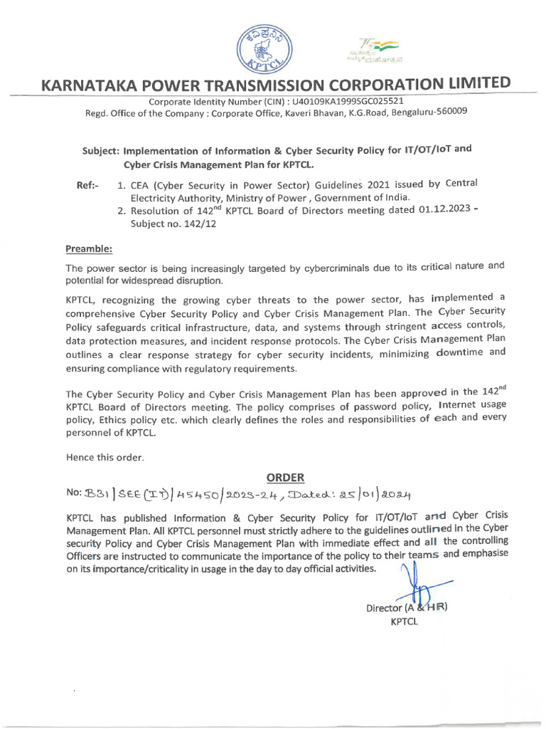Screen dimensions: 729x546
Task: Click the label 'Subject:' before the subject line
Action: point(102,151)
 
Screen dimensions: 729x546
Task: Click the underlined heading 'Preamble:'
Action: point(89,249)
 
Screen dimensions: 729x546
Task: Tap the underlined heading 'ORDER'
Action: point(285,476)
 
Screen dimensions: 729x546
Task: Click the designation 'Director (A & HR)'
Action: point(406,608)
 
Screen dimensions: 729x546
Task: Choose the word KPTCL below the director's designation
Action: point(405,621)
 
